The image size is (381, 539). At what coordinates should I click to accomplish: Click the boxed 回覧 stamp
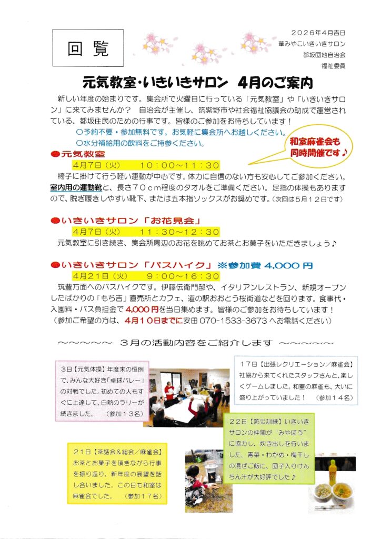88,48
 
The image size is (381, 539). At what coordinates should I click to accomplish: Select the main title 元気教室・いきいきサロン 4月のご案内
197,83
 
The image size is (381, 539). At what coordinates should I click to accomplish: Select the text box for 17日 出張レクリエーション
296,381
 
